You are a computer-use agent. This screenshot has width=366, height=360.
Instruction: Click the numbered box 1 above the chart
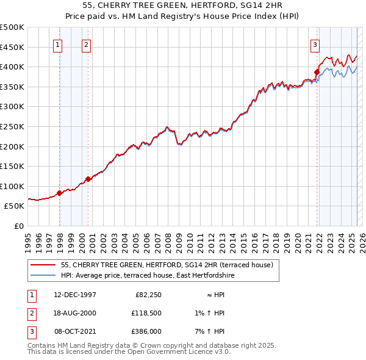tap(57, 44)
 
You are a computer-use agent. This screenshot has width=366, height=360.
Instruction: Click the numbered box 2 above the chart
tap(86, 44)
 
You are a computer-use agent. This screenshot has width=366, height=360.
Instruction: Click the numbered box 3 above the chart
tap(315, 44)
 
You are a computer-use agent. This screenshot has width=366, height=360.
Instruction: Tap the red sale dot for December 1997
tap(60, 193)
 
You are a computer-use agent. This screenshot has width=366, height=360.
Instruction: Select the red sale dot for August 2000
tap(88, 179)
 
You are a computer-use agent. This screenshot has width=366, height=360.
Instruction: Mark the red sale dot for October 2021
tap(317, 73)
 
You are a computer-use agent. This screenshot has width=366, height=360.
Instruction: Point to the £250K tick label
tap(12, 126)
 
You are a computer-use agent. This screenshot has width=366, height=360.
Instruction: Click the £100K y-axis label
tap(12, 186)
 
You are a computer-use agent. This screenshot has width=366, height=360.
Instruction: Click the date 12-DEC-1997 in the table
tap(74, 295)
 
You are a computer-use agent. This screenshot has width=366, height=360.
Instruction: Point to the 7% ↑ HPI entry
tap(212, 331)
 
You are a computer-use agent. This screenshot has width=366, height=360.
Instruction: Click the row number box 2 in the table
tap(31, 313)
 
